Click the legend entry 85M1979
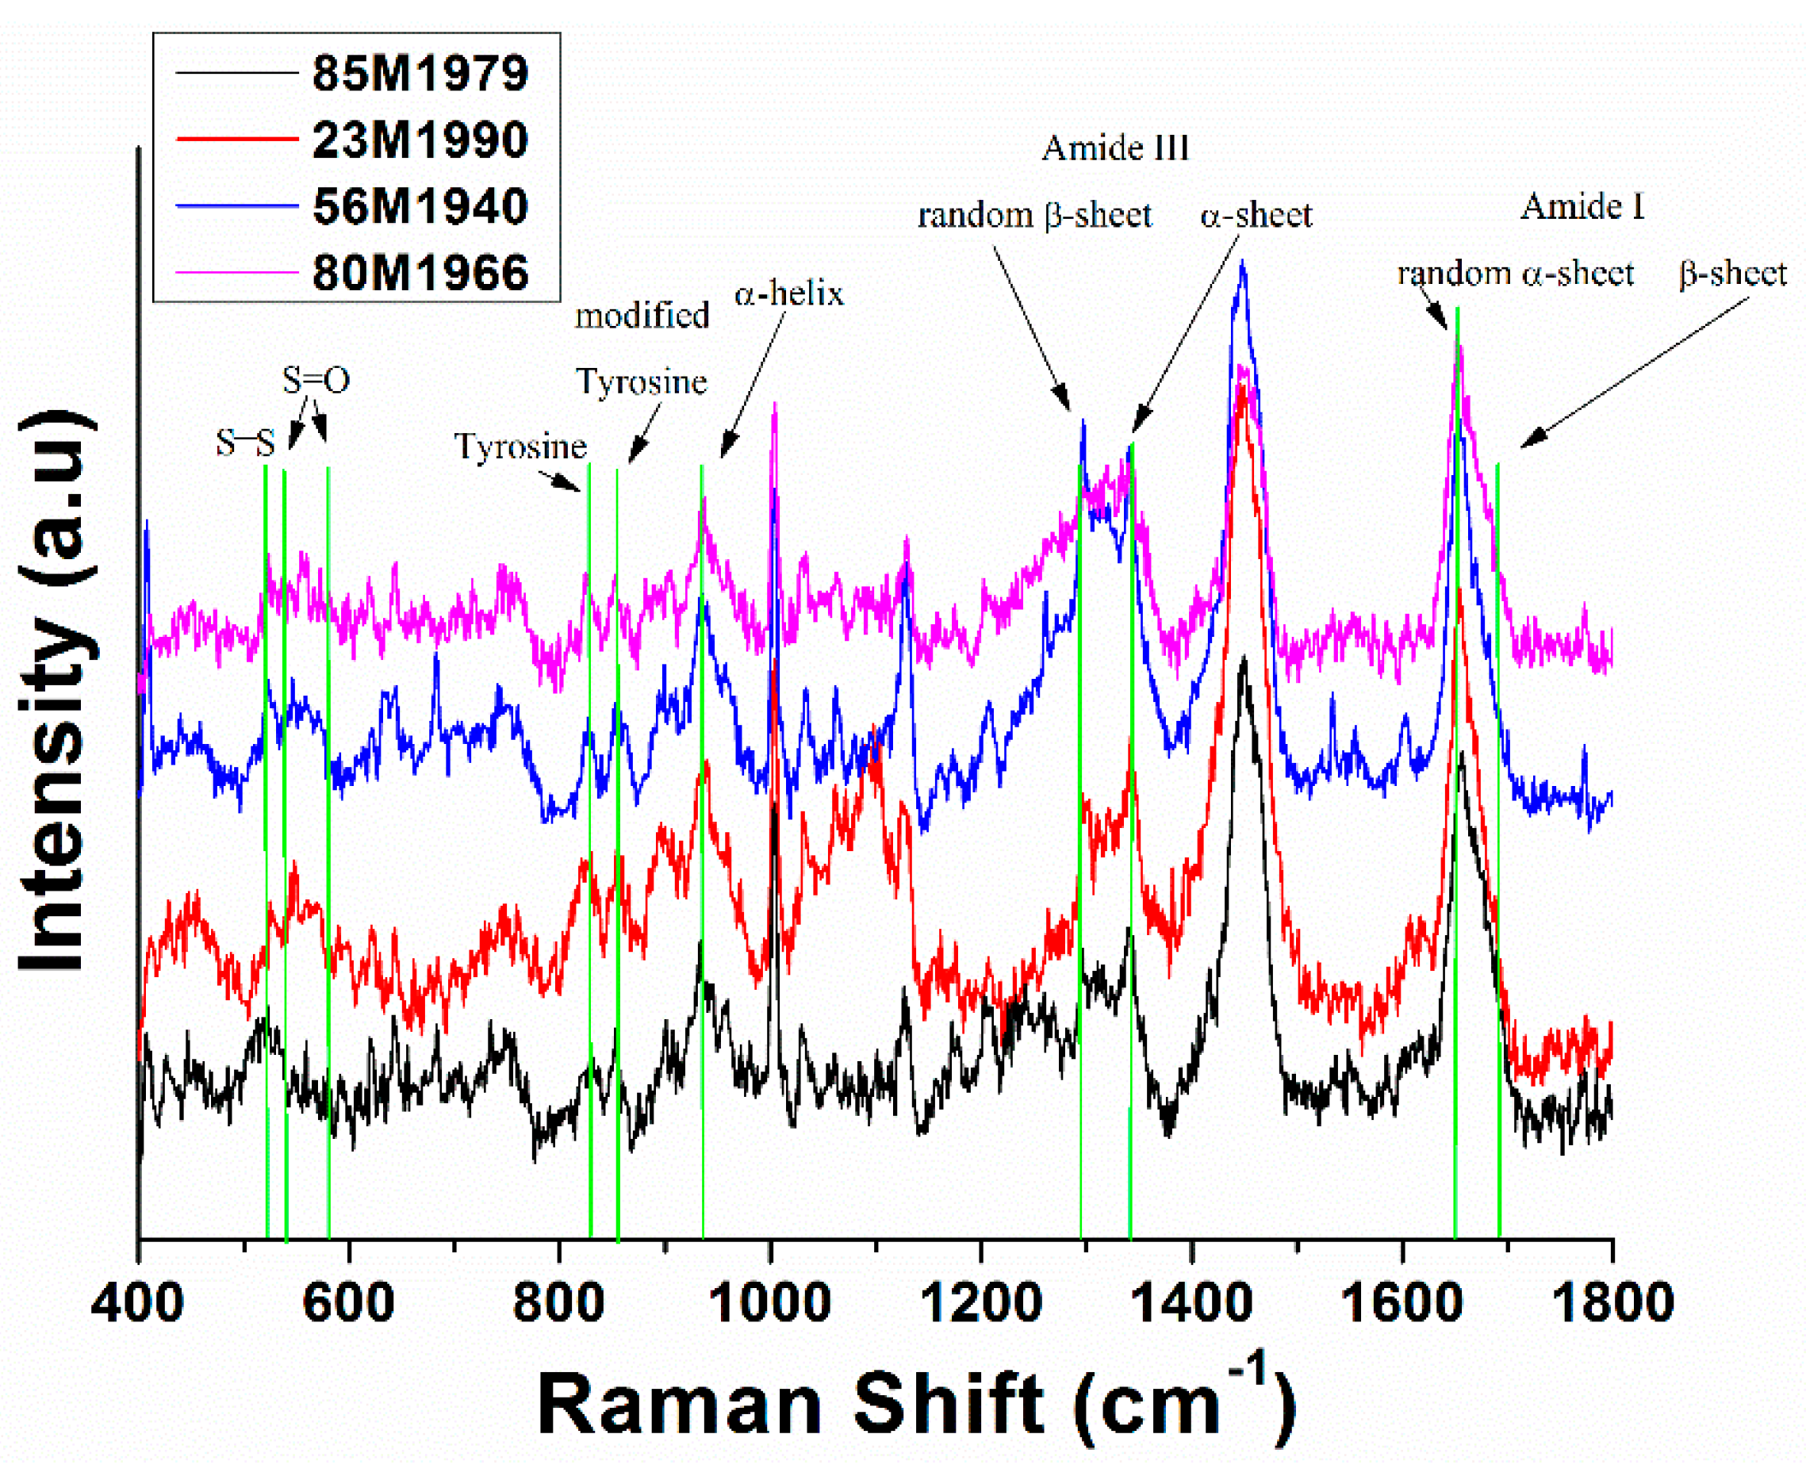click(420, 73)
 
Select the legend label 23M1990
click(420, 140)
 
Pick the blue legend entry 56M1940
click(420, 206)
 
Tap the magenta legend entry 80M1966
click(420, 273)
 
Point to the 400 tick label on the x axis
click(137, 1303)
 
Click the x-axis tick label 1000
click(769, 1303)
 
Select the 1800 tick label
click(1612, 1303)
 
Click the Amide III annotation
click(1114, 148)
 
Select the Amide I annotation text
click(1582, 207)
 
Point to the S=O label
click(316, 380)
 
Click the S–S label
click(245, 443)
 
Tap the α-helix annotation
click(788, 294)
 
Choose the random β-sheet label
click(1034, 215)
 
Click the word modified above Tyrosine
click(642, 316)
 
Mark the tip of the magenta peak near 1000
click(774, 405)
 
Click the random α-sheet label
click(1514, 274)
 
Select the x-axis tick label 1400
click(1191, 1303)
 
